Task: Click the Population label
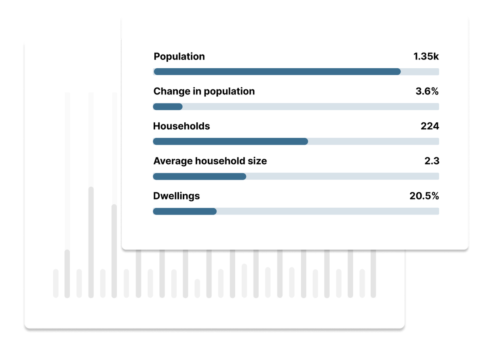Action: pos(179,57)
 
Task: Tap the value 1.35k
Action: pos(426,57)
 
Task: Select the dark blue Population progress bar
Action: pos(277,72)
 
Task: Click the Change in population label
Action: pos(204,92)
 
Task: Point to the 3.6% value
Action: pos(427,91)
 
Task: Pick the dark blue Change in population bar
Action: pos(168,107)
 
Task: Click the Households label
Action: pos(181,126)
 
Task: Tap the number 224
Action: pos(430,126)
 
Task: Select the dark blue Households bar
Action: pos(230,141)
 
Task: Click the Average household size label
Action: pos(210,161)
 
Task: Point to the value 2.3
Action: pos(432,161)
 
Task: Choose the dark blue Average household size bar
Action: pos(200,177)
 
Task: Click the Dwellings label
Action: pos(177,196)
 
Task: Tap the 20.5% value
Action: pos(424,196)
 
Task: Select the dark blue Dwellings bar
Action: pos(185,211)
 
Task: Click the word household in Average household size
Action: pos(220,161)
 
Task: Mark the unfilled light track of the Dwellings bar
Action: pos(328,211)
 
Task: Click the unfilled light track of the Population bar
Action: pos(420,72)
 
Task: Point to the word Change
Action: pos(172,92)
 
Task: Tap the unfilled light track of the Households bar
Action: pos(373,141)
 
